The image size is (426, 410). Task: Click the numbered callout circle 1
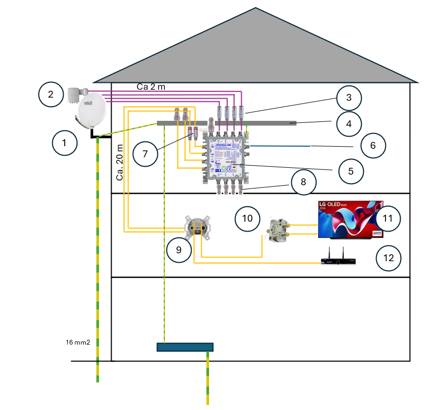tap(65, 142)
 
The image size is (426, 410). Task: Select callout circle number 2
tap(51, 95)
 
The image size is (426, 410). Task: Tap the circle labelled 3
tap(349, 98)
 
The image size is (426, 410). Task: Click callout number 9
tap(179, 250)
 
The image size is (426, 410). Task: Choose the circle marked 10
tap(247, 218)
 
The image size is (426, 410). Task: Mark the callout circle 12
tap(389, 259)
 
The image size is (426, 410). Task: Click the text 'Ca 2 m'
tap(151, 87)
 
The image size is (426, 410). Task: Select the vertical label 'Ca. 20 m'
tap(120, 163)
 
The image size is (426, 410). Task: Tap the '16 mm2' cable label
tap(78, 342)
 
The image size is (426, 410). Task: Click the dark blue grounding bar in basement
tap(185, 347)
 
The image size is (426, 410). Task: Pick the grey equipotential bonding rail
tap(226, 123)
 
